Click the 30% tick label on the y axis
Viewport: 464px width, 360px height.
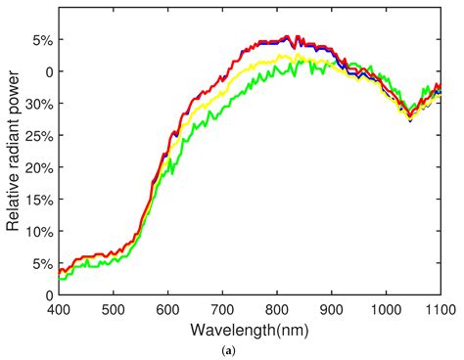tap(38, 104)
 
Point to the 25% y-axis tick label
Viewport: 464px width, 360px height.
tap(38, 135)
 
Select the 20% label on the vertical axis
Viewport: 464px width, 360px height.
tap(38, 167)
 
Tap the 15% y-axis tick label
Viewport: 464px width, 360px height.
tap(38, 199)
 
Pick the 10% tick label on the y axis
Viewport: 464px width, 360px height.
tap(38, 231)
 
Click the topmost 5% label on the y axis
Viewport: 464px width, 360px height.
tap(42, 40)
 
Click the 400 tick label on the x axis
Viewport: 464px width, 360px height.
tap(58, 307)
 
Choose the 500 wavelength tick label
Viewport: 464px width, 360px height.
tap(113, 307)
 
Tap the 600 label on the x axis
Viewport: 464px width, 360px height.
tap(167, 307)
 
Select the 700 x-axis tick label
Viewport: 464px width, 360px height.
tap(222, 307)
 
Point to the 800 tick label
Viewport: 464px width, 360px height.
tap(277, 307)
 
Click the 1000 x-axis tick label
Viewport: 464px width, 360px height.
tap(386, 307)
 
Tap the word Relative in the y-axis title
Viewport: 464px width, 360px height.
tap(14, 202)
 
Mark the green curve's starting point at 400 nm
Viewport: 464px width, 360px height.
tap(59, 280)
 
